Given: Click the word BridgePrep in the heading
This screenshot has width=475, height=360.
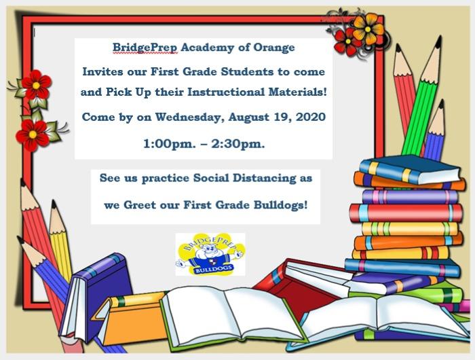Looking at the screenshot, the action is click(x=145, y=48).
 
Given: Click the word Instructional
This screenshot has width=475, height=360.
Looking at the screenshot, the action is click(x=226, y=92).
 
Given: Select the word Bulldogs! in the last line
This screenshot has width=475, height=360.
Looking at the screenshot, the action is click(x=280, y=205).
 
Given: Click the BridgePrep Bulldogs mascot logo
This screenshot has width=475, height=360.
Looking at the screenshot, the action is click(x=210, y=254).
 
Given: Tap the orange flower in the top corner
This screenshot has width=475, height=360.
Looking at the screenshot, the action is click(x=368, y=29).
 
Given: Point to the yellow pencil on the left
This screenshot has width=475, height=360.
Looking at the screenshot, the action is click(x=60, y=242).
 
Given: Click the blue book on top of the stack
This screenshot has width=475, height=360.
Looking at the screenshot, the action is click(x=410, y=169).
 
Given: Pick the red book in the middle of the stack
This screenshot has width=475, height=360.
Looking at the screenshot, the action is click(x=406, y=213).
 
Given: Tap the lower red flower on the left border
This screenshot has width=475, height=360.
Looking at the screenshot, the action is click(x=33, y=134).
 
